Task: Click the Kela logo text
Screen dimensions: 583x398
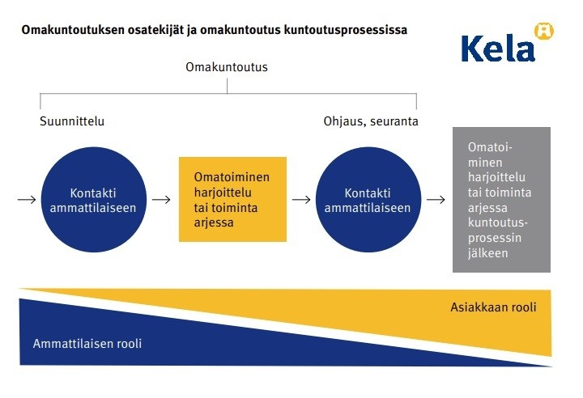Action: point(498,49)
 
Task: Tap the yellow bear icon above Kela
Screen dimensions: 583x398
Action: point(544,32)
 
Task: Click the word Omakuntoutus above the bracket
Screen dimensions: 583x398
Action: point(227,67)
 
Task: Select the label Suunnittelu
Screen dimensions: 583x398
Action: point(72,121)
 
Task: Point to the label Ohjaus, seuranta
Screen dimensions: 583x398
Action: point(371,121)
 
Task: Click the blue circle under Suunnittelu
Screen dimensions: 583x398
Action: point(94,200)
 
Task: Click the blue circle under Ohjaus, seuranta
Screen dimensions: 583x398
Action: point(368,200)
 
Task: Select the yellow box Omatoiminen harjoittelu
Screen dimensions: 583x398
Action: point(232,199)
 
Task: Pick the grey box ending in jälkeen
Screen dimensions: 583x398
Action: point(501,200)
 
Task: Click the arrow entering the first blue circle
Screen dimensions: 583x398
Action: point(27,200)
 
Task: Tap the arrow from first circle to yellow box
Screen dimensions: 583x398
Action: point(161,200)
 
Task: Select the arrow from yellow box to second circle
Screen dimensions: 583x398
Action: point(301,200)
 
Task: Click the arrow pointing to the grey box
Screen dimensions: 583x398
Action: point(436,200)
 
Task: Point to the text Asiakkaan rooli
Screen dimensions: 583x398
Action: point(493,307)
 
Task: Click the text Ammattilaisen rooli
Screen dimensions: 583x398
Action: point(87,343)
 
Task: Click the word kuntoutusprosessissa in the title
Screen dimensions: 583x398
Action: point(346,30)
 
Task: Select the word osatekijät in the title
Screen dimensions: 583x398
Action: point(156,30)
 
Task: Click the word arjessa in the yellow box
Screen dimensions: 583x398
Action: point(214,222)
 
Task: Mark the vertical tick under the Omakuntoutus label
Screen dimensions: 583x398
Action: point(228,87)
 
